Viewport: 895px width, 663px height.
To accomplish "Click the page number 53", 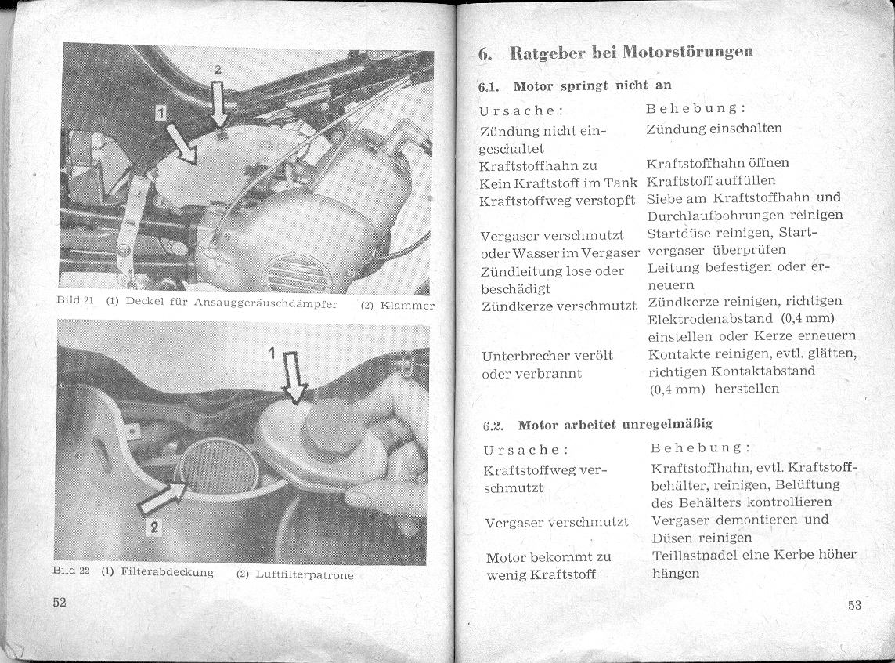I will (853, 604).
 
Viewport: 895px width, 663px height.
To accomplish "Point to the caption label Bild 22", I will (74, 571).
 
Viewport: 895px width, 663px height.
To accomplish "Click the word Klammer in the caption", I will (406, 305).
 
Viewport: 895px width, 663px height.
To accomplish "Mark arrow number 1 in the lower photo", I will (295, 377).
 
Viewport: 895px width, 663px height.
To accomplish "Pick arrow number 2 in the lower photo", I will (161, 499).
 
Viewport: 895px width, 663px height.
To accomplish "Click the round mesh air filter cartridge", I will (219, 466).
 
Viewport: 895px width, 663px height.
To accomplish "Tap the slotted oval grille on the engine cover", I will (298, 274).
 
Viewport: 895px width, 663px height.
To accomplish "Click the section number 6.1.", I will (491, 85).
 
